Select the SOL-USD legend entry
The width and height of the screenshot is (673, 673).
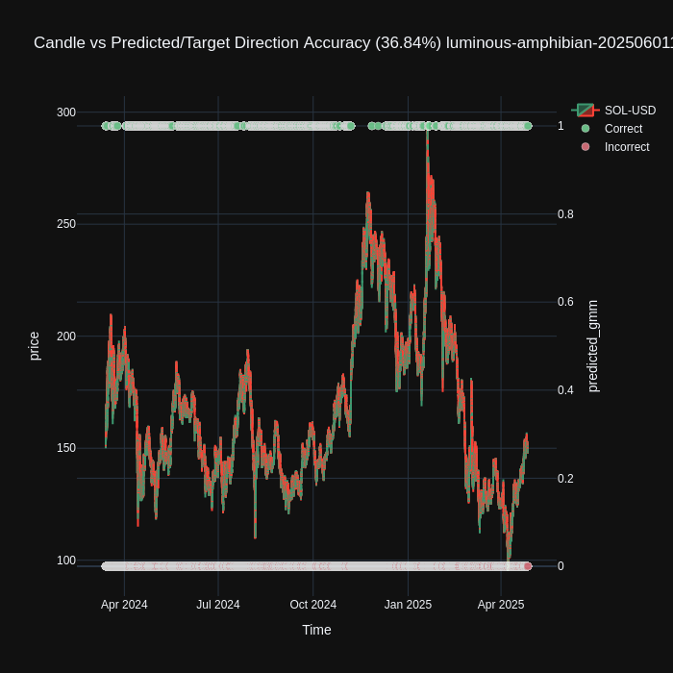pyautogui.click(x=630, y=111)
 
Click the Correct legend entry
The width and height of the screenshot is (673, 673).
pyautogui.click(x=623, y=129)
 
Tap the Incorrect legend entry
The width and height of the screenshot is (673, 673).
pyautogui.click(x=627, y=147)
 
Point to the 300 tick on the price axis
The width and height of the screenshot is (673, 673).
pyautogui.click(x=65, y=112)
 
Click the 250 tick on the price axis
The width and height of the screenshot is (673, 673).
pyautogui.click(x=65, y=224)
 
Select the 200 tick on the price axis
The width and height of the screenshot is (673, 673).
pyautogui.click(x=65, y=336)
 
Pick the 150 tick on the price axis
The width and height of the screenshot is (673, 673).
pyautogui.click(x=65, y=448)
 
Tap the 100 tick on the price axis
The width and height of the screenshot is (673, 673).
pyautogui.click(x=65, y=561)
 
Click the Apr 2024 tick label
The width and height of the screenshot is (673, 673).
pyautogui.click(x=124, y=605)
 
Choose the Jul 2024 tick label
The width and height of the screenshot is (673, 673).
pyautogui.click(x=218, y=605)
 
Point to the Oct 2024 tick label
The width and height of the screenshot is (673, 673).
pyautogui.click(x=313, y=605)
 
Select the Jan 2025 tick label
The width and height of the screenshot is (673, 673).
pyautogui.click(x=408, y=605)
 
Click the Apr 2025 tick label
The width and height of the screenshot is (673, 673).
pyautogui.click(x=501, y=605)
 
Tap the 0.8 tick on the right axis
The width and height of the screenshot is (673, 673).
pyautogui.click(x=566, y=214)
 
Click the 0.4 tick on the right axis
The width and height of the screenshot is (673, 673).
pyautogui.click(x=566, y=390)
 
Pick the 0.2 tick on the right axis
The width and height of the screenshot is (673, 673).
pyautogui.click(x=566, y=479)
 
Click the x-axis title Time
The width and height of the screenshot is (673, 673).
pyautogui.click(x=316, y=630)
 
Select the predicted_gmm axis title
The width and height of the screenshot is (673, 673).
pyautogui.click(x=592, y=346)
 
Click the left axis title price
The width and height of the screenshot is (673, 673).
pyautogui.click(x=35, y=346)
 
